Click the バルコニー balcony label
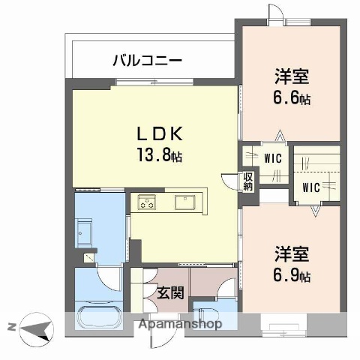148,59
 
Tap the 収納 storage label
247,182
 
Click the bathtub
98,316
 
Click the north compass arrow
36,327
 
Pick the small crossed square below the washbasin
89,256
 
